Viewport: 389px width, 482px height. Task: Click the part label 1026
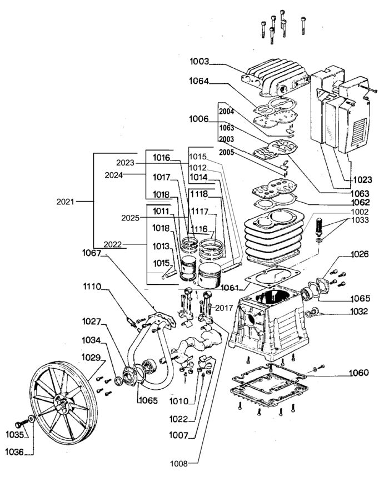pyautogui.click(x=360, y=255)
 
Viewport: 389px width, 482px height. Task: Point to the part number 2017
pyautogui.click(x=224, y=307)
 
